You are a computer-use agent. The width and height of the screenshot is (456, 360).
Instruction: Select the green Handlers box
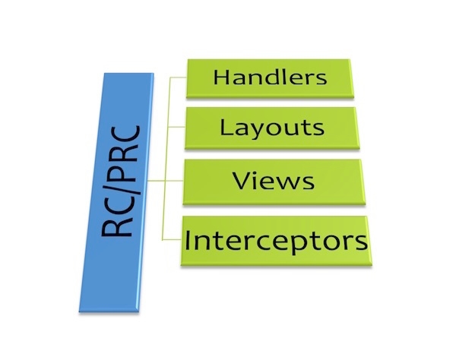coord(269,78)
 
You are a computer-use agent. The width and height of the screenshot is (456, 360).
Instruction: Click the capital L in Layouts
coord(226,126)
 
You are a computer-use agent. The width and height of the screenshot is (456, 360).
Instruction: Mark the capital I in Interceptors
coord(189,242)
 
